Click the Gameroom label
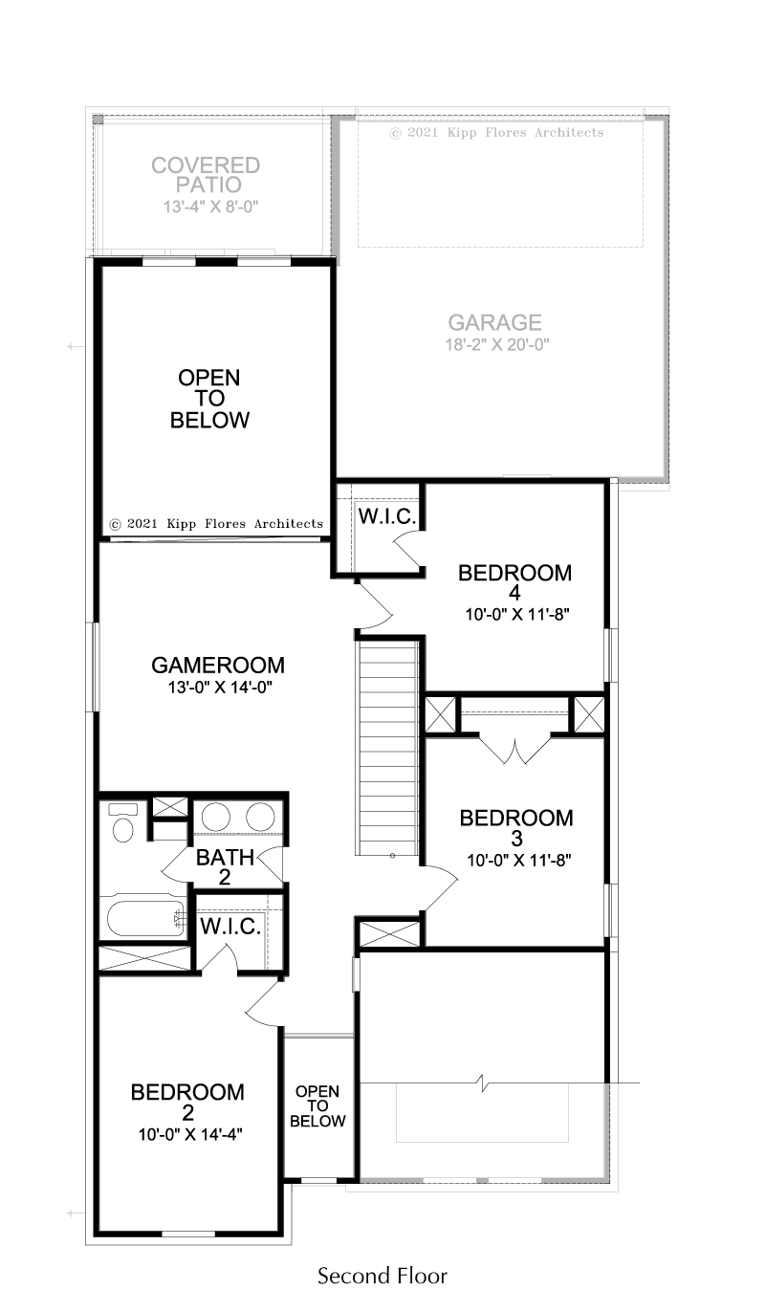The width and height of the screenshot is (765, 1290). click(218, 666)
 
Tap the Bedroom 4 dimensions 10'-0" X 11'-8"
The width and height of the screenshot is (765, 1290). click(517, 615)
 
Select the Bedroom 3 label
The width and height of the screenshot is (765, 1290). click(516, 828)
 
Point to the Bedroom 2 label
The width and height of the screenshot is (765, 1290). click(187, 1103)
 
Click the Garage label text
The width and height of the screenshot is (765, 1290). click(494, 322)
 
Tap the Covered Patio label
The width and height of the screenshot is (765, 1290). click(206, 175)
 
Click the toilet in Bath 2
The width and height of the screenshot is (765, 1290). click(122, 822)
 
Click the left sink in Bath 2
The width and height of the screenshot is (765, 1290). click(215, 818)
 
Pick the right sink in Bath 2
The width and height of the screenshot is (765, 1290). click(260, 818)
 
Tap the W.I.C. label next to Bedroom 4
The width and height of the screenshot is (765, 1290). click(387, 516)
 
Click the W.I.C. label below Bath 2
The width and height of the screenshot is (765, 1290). click(230, 927)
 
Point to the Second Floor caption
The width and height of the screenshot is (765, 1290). click(382, 1275)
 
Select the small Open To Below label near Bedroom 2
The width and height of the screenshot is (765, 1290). click(317, 1106)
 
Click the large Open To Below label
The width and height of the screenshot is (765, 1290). click(209, 399)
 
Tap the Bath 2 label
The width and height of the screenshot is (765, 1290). click(225, 866)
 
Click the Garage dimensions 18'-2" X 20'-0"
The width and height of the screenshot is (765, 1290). click(497, 345)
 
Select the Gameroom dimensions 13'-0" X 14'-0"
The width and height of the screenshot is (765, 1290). click(220, 688)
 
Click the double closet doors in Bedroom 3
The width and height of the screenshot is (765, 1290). click(514, 750)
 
